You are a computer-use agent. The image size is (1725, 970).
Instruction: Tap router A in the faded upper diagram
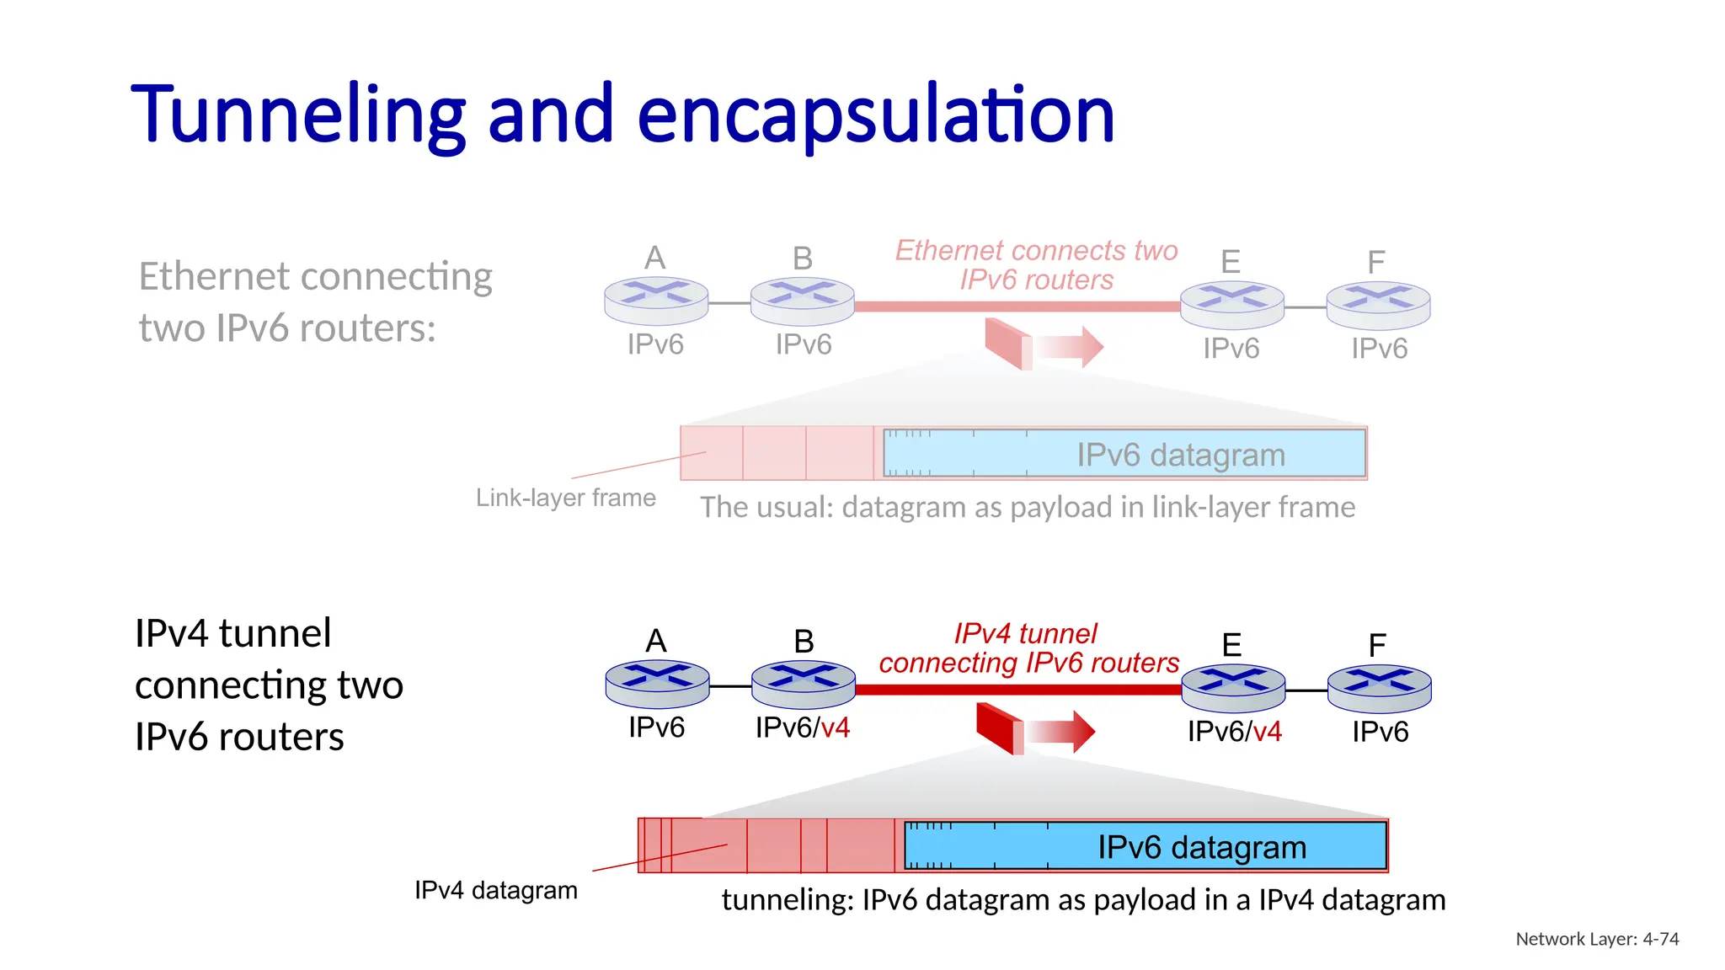655,300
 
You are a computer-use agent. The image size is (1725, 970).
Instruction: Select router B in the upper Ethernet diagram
802,301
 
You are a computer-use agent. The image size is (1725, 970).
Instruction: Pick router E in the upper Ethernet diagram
1231,304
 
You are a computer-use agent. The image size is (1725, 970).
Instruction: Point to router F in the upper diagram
1378,305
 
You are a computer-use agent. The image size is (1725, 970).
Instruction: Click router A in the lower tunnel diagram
657,683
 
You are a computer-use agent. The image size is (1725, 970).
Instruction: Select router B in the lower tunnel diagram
803,684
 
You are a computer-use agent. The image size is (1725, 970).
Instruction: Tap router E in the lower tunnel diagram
1233,687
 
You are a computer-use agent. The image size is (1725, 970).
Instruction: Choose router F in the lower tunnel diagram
1379,688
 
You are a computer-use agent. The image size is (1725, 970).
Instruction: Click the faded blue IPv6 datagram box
1124,454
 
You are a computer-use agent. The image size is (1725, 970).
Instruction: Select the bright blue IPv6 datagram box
1145,845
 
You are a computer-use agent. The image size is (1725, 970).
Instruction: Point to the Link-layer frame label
565,498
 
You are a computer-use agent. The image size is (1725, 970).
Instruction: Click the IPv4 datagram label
495,890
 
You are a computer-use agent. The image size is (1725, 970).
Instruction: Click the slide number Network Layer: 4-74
1597,939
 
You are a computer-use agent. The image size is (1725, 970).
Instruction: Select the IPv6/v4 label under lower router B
802,727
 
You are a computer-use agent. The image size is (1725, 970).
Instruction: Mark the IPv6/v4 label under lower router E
1234,732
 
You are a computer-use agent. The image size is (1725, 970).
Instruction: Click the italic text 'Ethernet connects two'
1036,250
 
